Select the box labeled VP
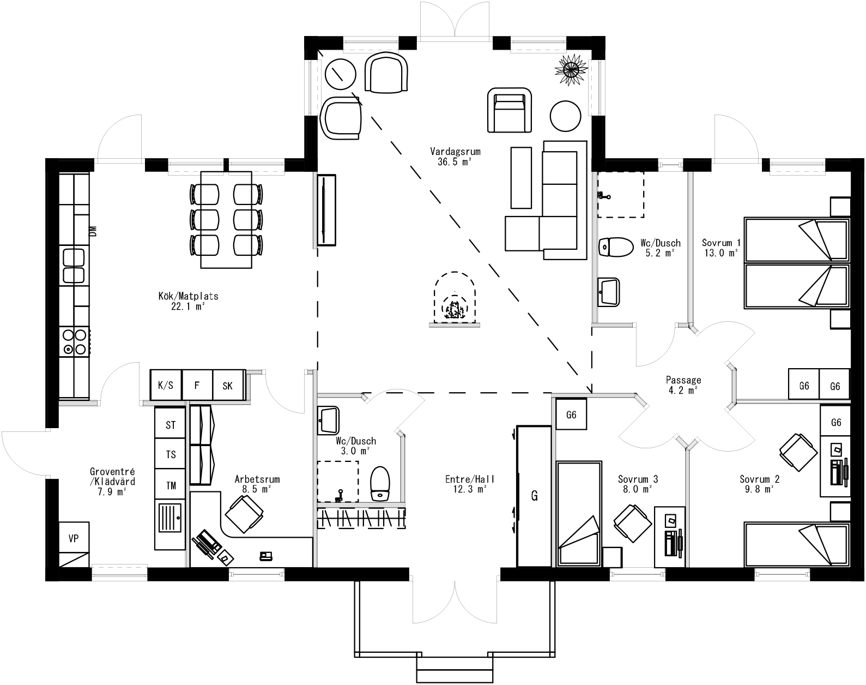74,538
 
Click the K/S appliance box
165,386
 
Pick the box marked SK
228,386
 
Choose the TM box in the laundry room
171,485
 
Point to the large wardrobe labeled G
535,496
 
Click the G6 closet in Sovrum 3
571,415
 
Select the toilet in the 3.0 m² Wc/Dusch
380,483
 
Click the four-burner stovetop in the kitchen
74,342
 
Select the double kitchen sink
74,265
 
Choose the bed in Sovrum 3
579,513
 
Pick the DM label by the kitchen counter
93,231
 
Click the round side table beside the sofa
566,116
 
